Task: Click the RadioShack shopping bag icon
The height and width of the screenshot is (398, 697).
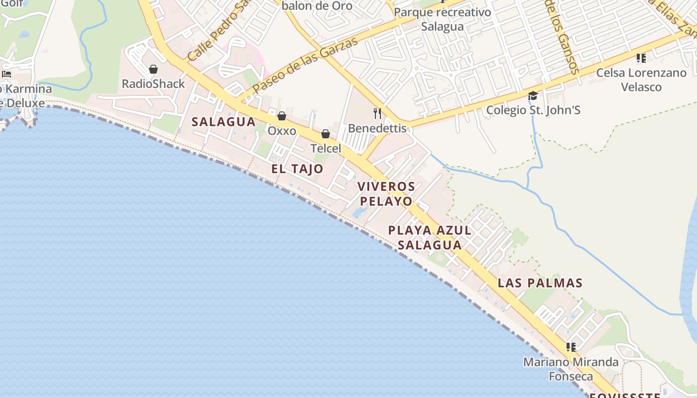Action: coord(153,69)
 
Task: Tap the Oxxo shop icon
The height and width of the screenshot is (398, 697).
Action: coord(282,116)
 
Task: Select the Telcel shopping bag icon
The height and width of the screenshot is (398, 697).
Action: coord(326,134)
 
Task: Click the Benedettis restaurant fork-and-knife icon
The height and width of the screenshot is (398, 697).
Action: coord(377,113)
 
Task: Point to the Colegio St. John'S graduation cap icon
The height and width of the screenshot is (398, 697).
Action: coord(533,96)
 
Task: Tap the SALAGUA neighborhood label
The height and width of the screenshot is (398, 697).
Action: coord(224,122)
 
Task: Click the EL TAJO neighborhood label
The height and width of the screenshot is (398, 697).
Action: coord(297,169)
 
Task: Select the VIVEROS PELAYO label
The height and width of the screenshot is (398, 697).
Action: coord(386,194)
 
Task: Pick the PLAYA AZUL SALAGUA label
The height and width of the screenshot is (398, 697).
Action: coord(430,237)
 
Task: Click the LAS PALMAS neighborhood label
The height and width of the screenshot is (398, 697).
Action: coord(540,283)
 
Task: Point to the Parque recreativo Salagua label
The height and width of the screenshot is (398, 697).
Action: coord(442,19)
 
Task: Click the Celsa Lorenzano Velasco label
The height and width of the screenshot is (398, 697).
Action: coord(641,80)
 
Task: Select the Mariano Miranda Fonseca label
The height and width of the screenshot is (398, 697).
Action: coord(571,369)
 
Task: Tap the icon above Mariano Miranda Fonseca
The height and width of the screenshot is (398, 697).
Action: coord(571,347)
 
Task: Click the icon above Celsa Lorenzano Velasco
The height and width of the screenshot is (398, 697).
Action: coord(641,58)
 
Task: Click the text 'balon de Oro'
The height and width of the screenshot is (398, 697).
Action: coord(317,6)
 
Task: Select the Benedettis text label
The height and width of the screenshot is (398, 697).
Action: coord(377,128)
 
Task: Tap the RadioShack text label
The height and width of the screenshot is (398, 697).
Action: coord(153,84)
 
